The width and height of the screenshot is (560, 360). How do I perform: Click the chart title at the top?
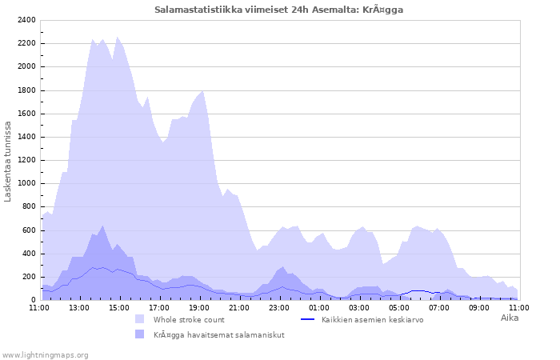279,10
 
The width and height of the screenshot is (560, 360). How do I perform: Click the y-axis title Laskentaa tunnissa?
8,161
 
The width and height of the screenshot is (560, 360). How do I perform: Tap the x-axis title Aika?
510,318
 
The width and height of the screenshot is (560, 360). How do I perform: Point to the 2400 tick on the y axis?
26,20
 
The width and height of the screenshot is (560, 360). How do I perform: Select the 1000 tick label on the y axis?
26,183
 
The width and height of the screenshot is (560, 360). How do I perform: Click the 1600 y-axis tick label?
26,114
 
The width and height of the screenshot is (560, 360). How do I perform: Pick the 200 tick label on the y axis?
29,277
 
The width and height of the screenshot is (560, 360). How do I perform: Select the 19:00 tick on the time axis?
199,307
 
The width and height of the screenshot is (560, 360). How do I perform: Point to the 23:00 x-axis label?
279,307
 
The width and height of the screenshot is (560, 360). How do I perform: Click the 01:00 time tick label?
319,307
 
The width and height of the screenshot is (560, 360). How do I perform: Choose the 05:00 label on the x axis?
399,307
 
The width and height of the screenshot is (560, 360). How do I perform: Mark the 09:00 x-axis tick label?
479,307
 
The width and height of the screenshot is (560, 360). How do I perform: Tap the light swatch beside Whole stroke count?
140,319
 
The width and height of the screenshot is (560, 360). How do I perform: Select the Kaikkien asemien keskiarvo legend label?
372,319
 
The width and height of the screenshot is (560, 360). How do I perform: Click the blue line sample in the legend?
308,319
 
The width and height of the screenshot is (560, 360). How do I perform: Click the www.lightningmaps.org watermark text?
45,354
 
